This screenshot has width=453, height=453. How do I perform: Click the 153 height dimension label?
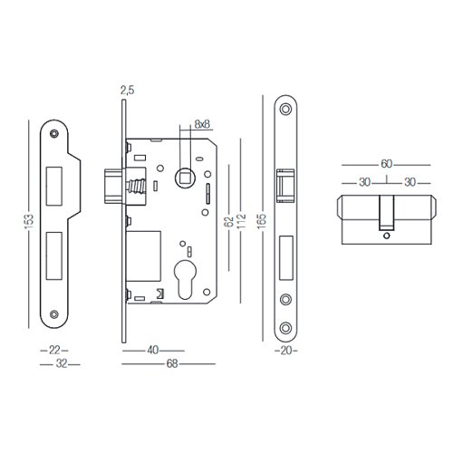click(29, 222)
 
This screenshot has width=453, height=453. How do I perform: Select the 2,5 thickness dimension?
click(127, 90)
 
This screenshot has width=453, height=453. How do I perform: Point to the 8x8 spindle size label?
click(202, 124)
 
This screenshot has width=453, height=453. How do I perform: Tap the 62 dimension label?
click(229, 222)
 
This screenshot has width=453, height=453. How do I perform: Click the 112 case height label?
click(242, 221)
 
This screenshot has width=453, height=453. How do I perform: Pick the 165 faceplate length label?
click(262, 221)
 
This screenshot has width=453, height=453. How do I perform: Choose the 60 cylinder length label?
click(386, 164)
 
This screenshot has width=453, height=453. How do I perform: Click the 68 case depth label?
click(172, 364)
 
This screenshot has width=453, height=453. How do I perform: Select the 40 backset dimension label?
click(153, 351)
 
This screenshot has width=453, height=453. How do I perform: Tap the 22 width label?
click(54, 351)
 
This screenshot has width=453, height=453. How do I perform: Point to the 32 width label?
click(62, 364)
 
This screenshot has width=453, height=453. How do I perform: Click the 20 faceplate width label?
click(286, 351)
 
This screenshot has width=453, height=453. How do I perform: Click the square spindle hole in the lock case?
click(185, 178)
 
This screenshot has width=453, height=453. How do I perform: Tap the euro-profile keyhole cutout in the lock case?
click(185, 278)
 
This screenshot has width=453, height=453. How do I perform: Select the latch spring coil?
click(137, 186)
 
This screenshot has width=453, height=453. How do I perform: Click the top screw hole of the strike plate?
click(54, 133)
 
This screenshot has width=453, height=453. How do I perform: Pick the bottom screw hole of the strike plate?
click(54, 314)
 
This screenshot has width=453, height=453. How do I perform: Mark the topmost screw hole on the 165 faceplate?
click(285, 109)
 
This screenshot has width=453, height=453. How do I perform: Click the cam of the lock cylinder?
click(387, 213)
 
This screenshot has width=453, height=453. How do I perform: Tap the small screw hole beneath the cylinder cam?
click(386, 236)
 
